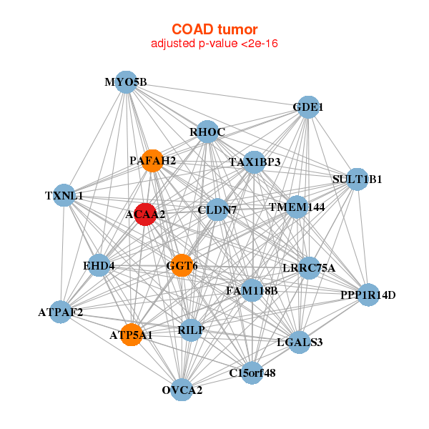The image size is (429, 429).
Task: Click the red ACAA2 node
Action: (145, 214)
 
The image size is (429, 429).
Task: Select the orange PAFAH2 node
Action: (152, 160)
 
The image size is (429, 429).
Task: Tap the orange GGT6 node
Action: (182, 265)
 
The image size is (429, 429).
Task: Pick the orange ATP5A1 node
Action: (132, 334)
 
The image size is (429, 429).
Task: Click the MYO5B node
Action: (126, 82)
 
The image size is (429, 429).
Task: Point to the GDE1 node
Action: (307, 107)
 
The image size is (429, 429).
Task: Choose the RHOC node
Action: (207, 132)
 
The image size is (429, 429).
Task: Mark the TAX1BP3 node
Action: (254, 162)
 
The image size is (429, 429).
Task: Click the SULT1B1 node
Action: (357, 179)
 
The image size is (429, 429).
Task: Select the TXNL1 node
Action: (64, 195)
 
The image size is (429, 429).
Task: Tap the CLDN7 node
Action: (217, 209)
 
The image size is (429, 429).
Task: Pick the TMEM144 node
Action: (297, 207)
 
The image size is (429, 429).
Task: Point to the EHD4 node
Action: (99, 266)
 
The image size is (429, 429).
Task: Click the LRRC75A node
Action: (309, 268)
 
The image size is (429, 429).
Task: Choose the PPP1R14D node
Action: (368, 294)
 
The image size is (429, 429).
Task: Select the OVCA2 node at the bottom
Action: (182, 390)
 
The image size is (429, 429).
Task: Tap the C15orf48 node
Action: (252, 372)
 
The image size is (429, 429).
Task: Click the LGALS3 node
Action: (300, 342)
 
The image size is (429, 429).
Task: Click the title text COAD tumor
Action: (214, 29)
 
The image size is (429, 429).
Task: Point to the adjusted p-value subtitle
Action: (214, 44)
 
